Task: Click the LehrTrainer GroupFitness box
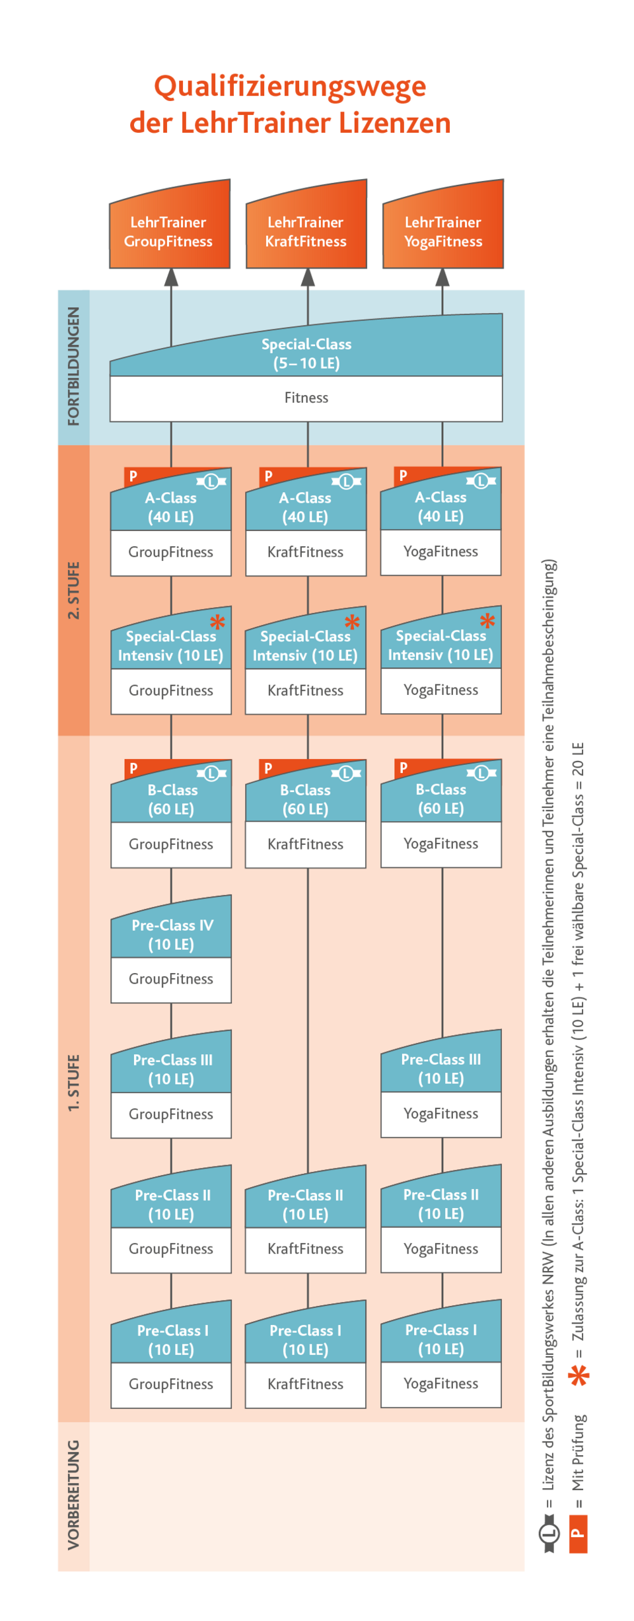click(169, 231)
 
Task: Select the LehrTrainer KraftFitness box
click(306, 231)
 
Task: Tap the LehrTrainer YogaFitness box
click(443, 231)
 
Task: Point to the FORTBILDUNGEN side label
click(73, 366)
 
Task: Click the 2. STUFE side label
click(73, 590)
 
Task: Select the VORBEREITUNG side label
click(73, 1494)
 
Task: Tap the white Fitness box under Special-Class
click(306, 398)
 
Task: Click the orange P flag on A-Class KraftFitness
click(268, 476)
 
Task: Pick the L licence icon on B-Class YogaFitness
click(481, 772)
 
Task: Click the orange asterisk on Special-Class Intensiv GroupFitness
click(217, 622)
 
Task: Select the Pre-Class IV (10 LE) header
click(172, 933)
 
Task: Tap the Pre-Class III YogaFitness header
click(440, 1067)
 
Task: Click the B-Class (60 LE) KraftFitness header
click(305, 799)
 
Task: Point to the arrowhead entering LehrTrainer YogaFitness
click(442, 278)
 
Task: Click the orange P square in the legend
click(578, 1534)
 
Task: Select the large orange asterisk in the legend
click(579, 1375)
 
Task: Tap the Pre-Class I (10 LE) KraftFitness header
click(305, 1339)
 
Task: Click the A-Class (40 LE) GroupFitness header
click(171, 507)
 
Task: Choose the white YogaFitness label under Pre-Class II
click(440, 1248)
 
